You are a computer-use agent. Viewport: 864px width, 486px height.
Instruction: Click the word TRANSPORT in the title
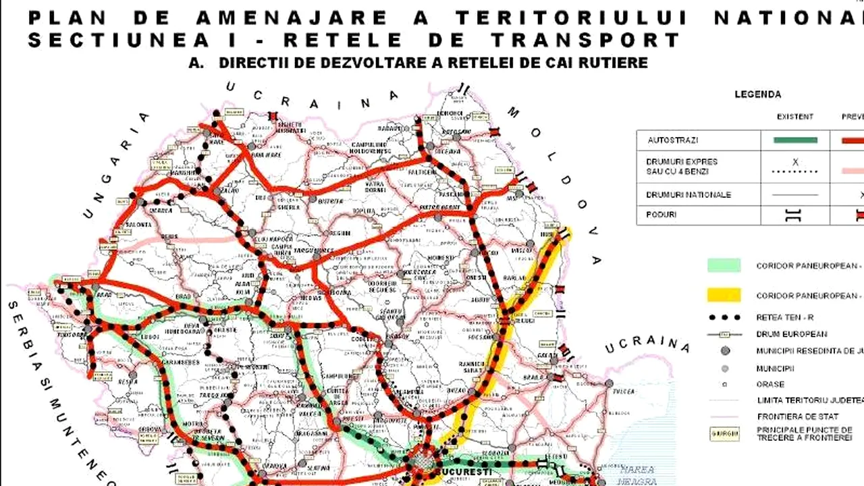click(x=585, y=40)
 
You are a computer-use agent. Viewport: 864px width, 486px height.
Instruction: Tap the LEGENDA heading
click(x=758, y=94)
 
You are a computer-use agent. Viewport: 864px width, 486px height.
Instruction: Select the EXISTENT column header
click(x=795, y=117)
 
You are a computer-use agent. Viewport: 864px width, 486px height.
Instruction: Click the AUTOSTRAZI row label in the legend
click(x=673, y=140)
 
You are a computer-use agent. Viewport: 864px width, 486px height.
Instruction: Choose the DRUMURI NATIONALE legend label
click(x=689, y=194)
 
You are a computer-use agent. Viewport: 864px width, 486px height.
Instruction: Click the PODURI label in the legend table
click(x=661, y=215)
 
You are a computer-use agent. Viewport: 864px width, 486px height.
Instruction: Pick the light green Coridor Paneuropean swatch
click(x=724, y=265)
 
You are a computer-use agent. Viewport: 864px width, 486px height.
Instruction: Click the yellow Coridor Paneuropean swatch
click(x=724, y=295)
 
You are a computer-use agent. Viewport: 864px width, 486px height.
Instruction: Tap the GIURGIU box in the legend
click(x=724, y=434)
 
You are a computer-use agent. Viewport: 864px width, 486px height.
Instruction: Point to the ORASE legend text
click(x=770, y=384)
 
